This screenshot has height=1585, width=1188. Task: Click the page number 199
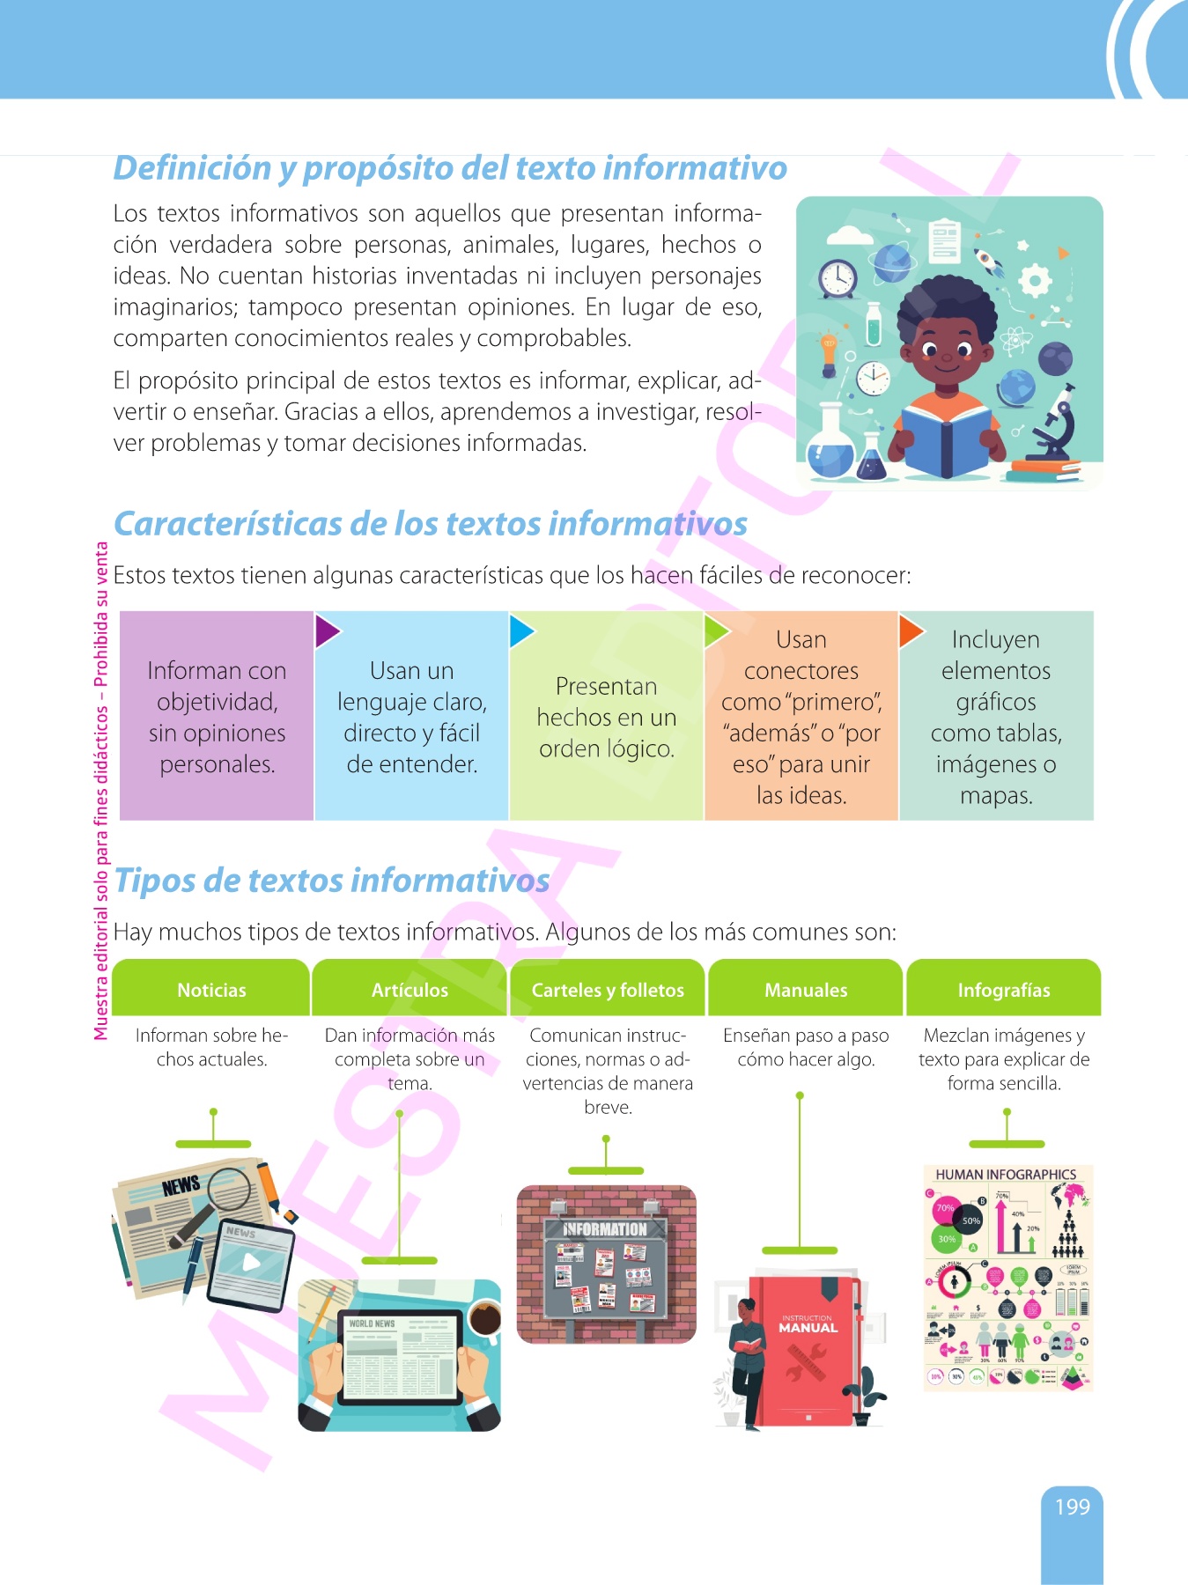point(1072,1507)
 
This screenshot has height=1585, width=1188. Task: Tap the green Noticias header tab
point(211,990)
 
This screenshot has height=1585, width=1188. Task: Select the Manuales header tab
point(806,990)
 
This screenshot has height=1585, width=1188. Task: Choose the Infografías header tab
point(1004,990)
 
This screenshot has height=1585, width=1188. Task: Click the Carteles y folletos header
point(608,990)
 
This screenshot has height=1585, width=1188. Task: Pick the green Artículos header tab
point(410,990)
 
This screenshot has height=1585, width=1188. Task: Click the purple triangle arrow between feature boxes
point(325,630)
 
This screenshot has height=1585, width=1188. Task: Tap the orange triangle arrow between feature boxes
point(909,630)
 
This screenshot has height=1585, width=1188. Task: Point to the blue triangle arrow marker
point(520,630)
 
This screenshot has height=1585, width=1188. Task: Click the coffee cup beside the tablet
point(483,1318)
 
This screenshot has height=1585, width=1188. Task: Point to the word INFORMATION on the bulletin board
point(605,1229)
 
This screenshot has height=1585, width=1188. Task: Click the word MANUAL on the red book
point(808,1328)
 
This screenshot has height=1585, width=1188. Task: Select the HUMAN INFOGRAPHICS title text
point(1006,1175)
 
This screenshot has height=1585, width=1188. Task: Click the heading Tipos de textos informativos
point(332,880)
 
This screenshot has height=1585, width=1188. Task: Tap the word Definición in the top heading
point(192,168)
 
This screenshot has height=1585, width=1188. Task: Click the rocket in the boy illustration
point(989,261)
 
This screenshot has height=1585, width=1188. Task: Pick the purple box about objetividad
point(217,716)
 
